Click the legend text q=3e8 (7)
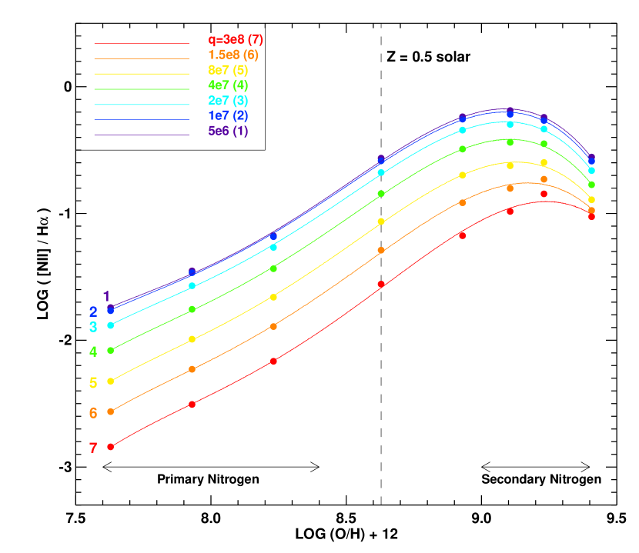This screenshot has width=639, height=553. [236, 40]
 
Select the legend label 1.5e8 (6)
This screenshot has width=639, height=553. [233, 55]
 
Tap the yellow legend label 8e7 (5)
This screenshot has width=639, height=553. [228, 70]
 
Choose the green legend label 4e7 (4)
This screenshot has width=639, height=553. [228, 85]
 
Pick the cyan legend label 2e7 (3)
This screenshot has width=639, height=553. [228, 101]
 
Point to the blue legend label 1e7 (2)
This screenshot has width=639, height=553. [228, 115]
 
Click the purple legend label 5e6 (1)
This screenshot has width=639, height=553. [228, 131]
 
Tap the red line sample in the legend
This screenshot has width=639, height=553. [141, 44]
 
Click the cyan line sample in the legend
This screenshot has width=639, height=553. [141, 105]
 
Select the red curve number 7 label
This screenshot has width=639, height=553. [93, 448]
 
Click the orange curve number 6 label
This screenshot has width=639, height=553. [93, 413]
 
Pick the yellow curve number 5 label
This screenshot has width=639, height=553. [93, 383]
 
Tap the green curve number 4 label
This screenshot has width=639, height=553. [93, 351]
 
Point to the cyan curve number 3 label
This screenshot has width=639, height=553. [93, 327]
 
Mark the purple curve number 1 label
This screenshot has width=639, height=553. [106, 296]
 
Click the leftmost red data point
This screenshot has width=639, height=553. [110, 447]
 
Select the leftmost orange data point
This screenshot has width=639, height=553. [110, 411]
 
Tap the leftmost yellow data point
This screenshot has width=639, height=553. [110, 381]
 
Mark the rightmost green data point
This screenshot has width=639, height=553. [591, 185]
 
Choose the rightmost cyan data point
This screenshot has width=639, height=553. [591, 171]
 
